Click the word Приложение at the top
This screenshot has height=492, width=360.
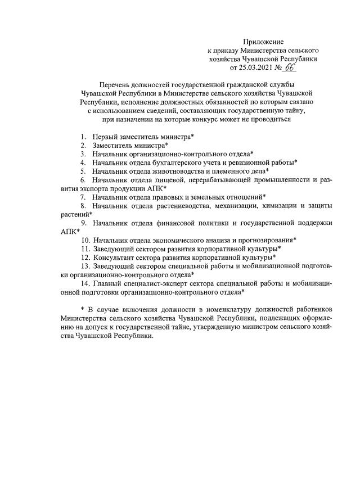[x=263, y=42]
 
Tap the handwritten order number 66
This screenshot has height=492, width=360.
[x=289, y=67]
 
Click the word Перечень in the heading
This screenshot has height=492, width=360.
[x=115, y=84]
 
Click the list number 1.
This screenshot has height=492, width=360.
[x=83, y=137]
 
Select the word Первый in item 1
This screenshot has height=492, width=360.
[x=105, y=137]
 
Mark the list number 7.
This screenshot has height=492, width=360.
[x=83, y=197]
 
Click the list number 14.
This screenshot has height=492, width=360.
[x=84, y=284]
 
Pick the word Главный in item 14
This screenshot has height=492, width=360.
[x=106, y=284]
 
